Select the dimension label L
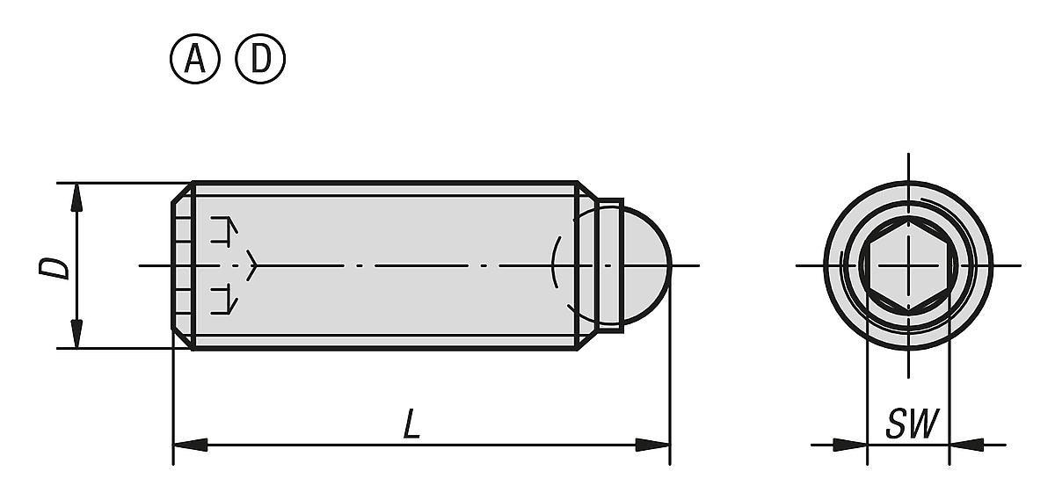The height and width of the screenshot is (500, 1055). pyautogui.click(x=411, y=426)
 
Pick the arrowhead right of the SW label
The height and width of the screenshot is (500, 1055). pyautogui.click(x=965, y=445)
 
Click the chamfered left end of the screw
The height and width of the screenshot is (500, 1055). pyautogui.click(x=181, y=265)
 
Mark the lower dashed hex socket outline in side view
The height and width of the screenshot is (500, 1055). pyautogui.click(x=223, y=300)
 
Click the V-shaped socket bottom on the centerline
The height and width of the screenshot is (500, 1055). pyautogui.click(x=253, y=264)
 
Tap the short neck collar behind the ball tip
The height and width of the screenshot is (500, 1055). pyautogui.click(x=610, y=264)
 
